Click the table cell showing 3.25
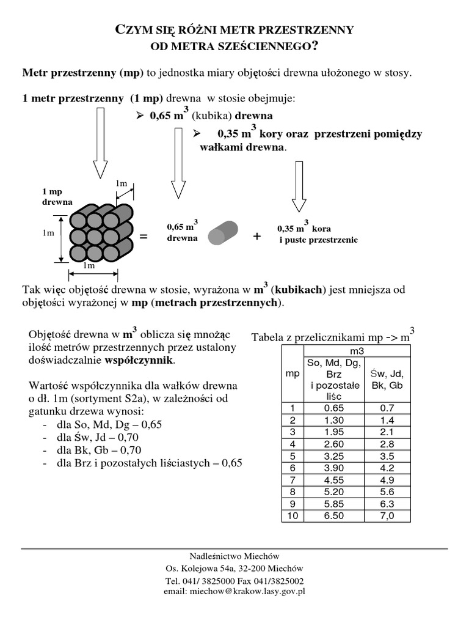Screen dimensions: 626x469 (333, 456)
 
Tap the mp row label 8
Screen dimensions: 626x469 (293, 492)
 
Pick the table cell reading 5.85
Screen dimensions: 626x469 (333, 504)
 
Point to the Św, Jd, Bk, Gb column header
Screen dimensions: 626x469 (387, 380)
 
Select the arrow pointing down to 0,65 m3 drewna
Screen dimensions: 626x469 (178, 164)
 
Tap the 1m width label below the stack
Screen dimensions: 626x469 (89, 266)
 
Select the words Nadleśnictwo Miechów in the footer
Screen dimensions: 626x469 (234, 556)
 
